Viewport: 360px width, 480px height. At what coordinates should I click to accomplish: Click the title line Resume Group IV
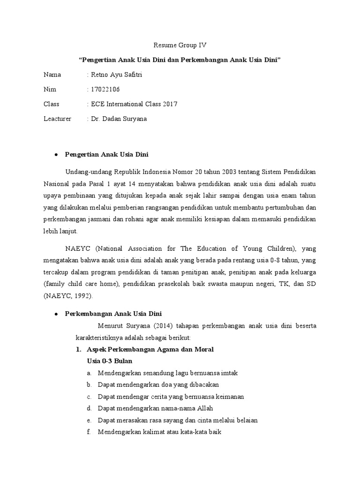point(180,45)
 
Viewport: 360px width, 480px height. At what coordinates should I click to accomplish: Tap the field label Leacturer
point(57,119)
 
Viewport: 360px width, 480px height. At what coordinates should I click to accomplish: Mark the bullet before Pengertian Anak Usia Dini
point(56,155)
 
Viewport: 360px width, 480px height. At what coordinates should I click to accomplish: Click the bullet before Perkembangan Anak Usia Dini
point(56,314)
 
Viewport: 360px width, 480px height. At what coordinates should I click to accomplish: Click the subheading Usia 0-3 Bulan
point(110,361)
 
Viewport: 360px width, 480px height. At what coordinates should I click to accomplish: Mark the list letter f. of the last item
point(89,432)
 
